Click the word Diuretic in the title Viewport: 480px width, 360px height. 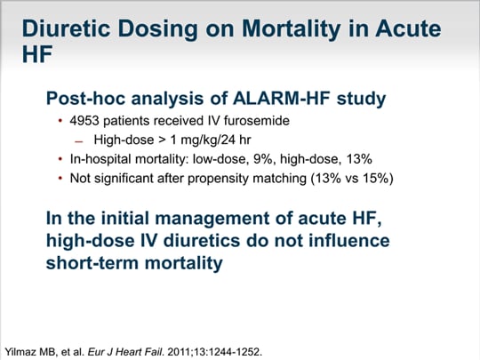[66, 28]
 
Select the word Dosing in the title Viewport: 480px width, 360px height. [157, 29]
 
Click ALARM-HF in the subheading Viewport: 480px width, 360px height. [282, 99]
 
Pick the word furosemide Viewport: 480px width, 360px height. [257, 121]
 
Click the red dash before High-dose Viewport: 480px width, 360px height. [79, 141]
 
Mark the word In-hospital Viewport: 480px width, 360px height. [100, 160]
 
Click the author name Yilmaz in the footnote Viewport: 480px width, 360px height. [20, 352]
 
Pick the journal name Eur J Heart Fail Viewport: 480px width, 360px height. [125, 352]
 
